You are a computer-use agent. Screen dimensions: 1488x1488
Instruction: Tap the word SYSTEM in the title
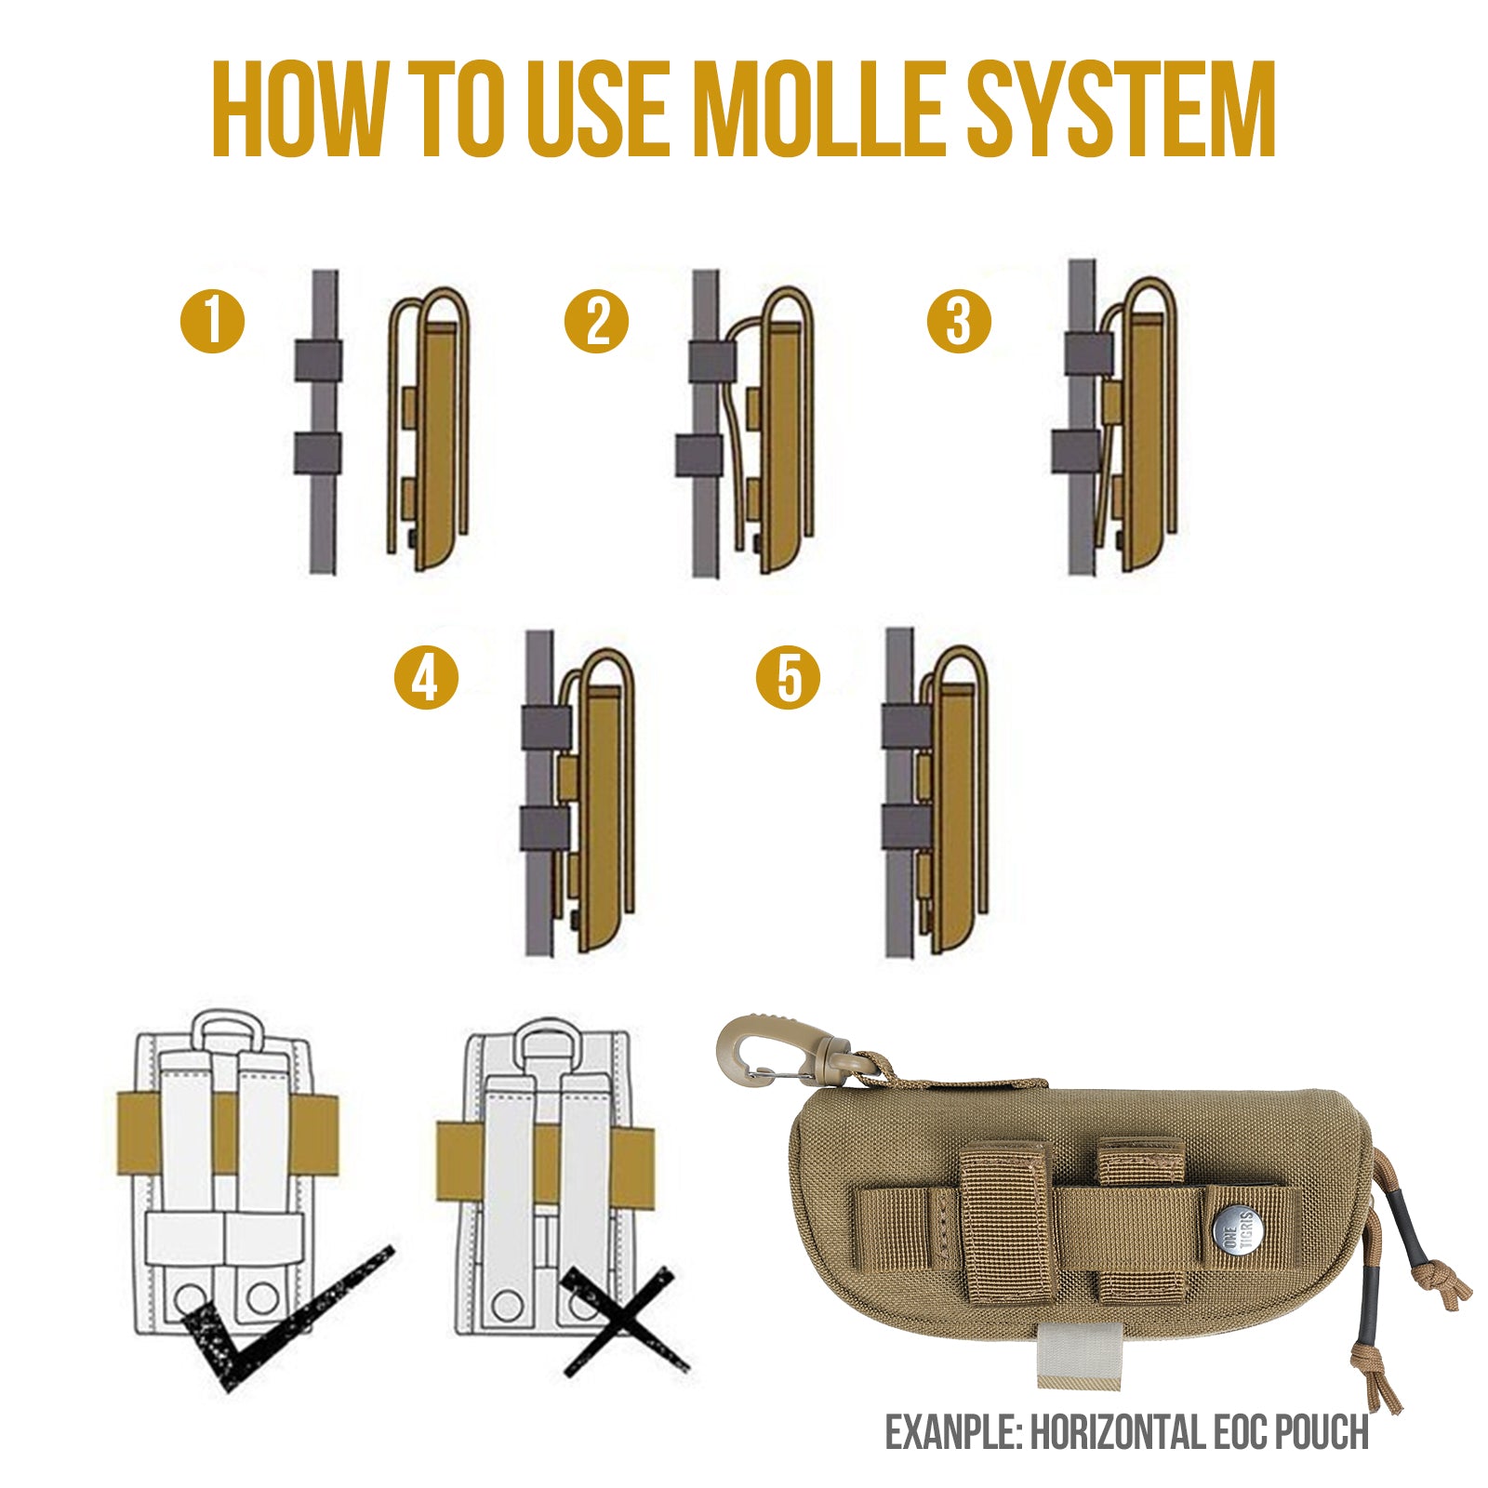[x=1121, y=110]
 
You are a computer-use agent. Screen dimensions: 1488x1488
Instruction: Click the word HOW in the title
[x=298, y=110]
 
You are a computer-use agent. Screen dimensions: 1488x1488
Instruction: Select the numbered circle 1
[x=212, y=321]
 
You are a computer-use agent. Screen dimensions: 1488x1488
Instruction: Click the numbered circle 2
[x=596, y=321]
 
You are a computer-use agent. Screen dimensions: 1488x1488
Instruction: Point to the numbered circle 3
[x=959, y=321]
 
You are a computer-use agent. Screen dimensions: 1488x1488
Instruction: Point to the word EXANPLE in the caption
[x=952, y=1433]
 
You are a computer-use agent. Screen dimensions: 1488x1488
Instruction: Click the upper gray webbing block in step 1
[x=318, y=360]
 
